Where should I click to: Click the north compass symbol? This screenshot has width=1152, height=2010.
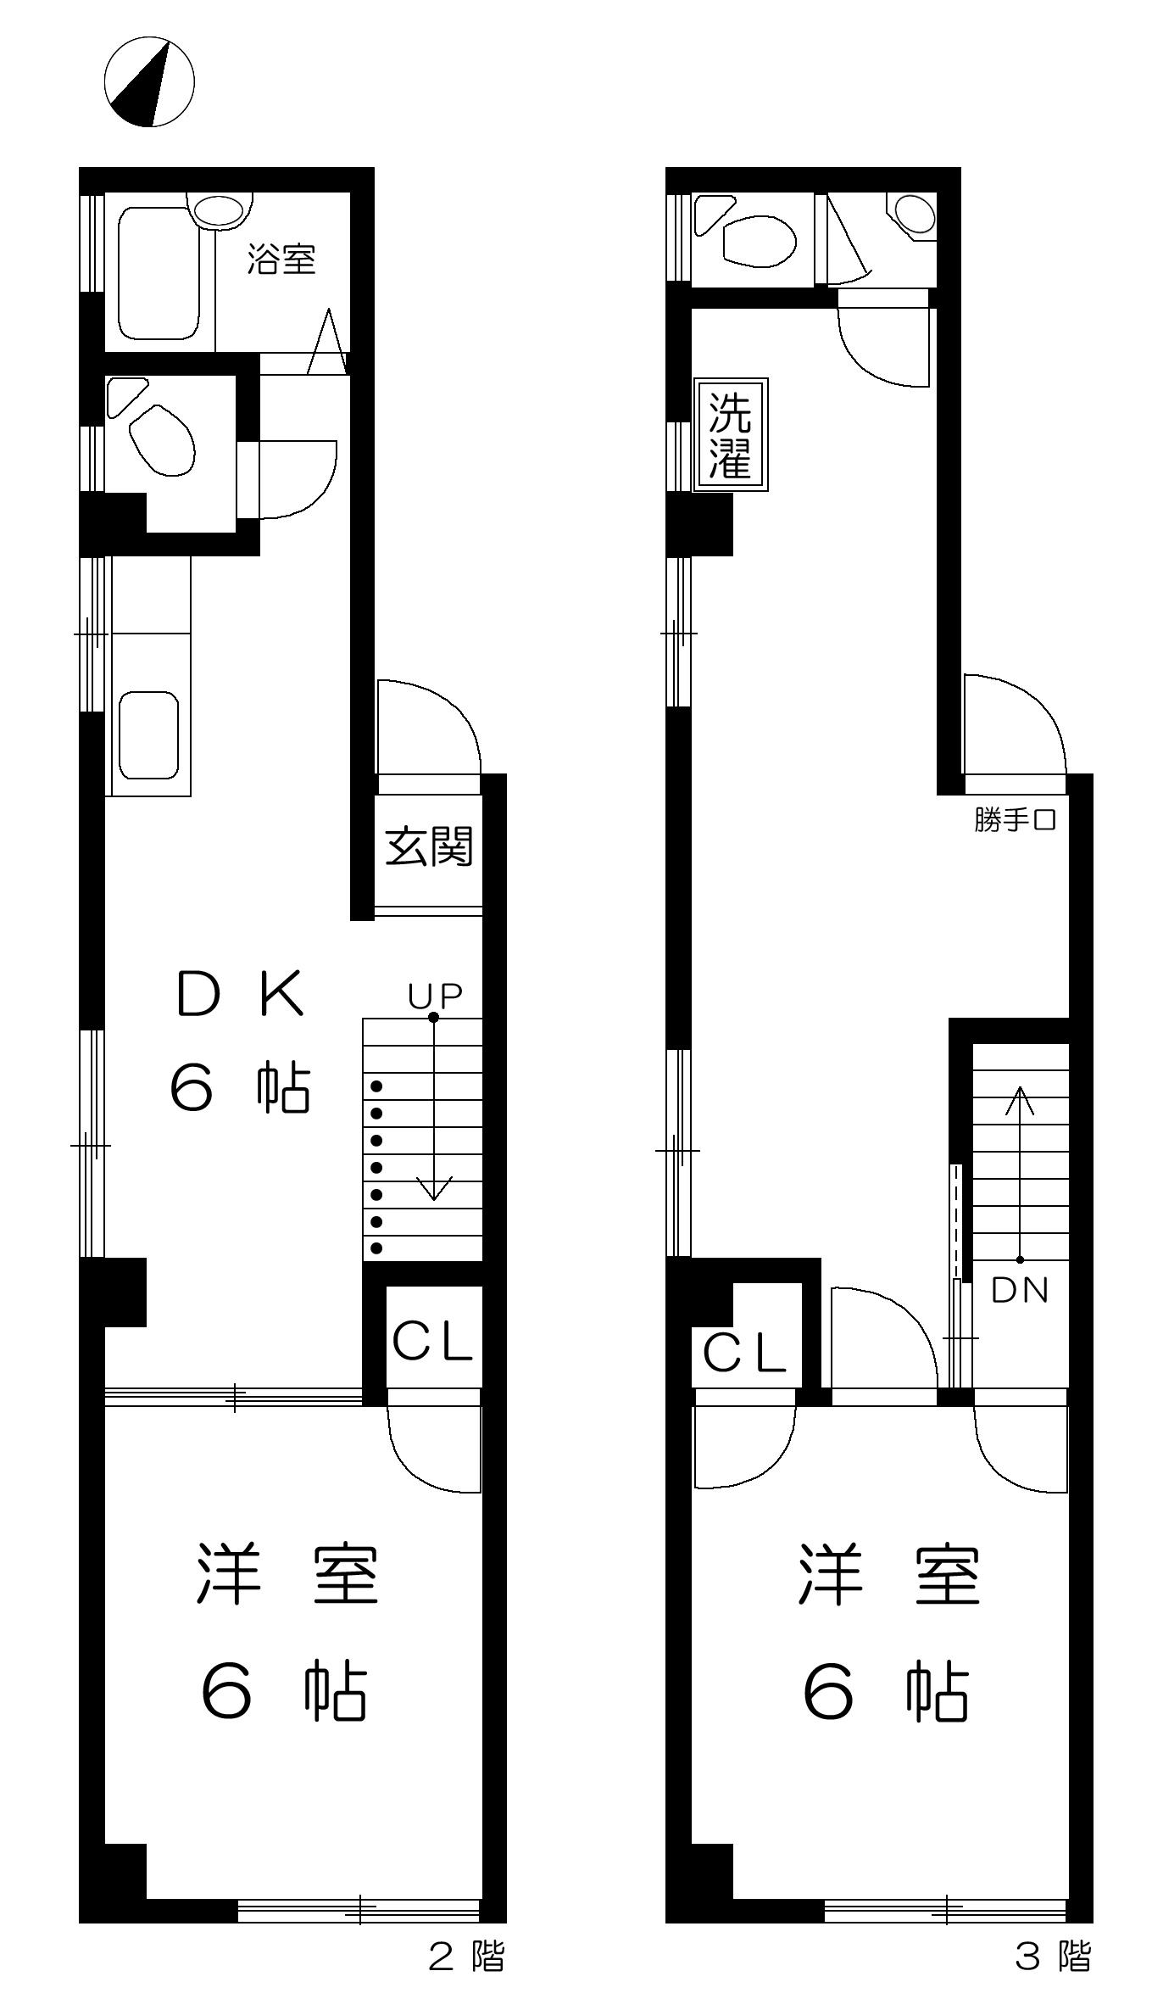click(x=149, y=81)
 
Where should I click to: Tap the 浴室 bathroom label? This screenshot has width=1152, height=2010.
click(x=281, y=260)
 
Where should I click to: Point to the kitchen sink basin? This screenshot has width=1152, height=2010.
click(x=148, y=735)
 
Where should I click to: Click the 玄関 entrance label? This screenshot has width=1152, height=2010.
click(x=429, y=846)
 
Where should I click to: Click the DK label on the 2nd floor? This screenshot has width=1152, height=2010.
click(x=240, y=995)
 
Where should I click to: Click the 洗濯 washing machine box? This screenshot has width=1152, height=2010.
click(x=731, y=435)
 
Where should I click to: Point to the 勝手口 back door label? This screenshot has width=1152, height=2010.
click(x=1015, y=821)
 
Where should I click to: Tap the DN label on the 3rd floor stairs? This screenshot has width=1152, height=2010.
click(x=1020, y=1290)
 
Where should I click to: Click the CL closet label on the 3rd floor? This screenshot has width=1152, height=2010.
click(x=745, y=1354)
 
